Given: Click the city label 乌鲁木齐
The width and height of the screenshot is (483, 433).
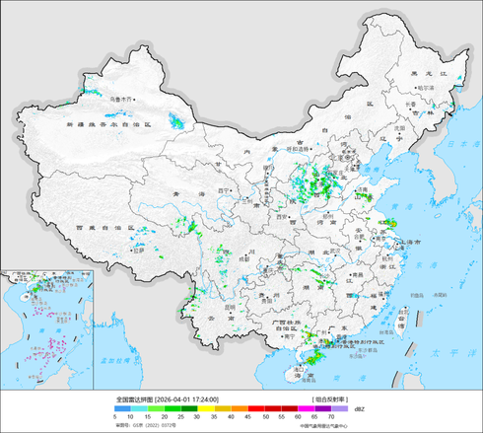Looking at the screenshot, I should pos(120,99).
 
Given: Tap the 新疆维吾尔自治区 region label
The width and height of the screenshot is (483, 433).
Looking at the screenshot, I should pos(108,126).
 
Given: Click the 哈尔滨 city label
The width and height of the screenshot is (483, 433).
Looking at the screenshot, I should pos(425,88).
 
